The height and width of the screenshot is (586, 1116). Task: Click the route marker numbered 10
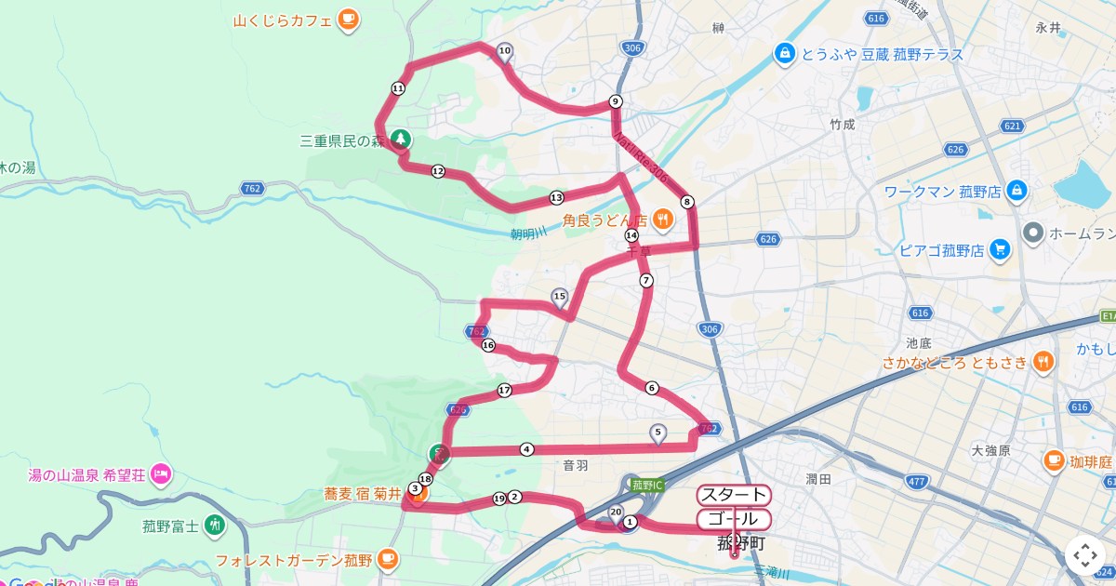pos(505,51)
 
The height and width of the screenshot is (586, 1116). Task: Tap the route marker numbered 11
pos(398,88)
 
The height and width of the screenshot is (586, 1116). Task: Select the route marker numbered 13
pos(556,197)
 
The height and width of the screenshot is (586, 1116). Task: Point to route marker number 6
pos(652,388)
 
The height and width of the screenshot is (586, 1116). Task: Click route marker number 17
pos(504,390)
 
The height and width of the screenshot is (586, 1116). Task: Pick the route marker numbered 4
pos(527,449)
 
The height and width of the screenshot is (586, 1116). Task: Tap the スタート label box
pos(734,495)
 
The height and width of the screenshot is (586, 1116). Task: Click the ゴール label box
pos(734,519)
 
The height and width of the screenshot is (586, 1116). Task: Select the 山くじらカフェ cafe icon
pos(348,18)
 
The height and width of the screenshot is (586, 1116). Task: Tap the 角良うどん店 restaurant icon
pos(662,220)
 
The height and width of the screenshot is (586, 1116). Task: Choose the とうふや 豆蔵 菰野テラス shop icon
pos(785,54)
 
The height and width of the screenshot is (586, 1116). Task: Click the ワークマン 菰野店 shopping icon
pos(1016,192)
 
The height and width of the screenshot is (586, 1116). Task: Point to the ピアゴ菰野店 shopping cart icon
pos(1000,249)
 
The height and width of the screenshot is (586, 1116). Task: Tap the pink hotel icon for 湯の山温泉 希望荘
pos(160,473)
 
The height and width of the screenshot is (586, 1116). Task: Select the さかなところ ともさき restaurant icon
pos(1043,362)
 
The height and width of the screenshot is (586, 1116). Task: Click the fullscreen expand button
pos(1085,555)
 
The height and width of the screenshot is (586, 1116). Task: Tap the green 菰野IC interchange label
pos(646,485)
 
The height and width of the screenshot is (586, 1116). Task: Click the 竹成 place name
pos(843,124)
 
